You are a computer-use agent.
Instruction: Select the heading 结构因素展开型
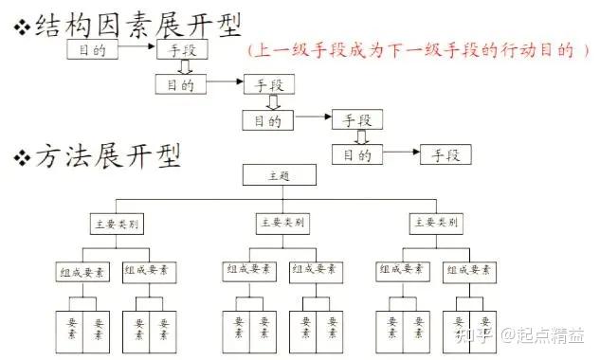137,23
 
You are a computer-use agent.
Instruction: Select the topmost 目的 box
90,49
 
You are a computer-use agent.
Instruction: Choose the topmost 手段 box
178,49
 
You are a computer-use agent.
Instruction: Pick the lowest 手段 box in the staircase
445,154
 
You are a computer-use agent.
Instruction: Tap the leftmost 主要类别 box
117,225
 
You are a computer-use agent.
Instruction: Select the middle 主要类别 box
282,224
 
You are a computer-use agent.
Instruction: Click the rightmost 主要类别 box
436,224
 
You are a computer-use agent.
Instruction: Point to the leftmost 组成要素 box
82,271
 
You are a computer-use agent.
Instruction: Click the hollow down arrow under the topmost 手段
187,68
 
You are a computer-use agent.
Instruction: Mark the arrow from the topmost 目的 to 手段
135,48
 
